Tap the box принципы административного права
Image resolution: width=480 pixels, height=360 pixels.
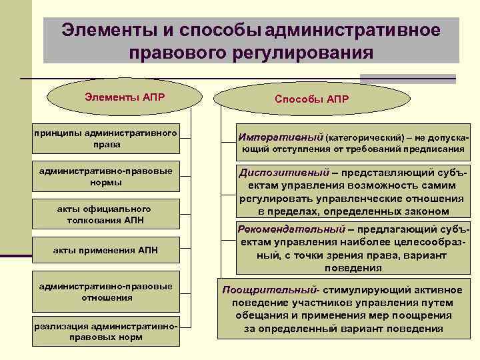[x=106, y=139]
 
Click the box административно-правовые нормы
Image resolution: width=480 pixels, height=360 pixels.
[x=106, y=176]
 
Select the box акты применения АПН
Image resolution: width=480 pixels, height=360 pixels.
[x=106, y=249]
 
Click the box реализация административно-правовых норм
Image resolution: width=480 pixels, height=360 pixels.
[x=106, y=331]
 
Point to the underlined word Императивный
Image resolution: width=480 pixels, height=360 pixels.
[x=280, y=135]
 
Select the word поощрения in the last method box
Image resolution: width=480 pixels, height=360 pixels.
[x=407, y=315]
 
